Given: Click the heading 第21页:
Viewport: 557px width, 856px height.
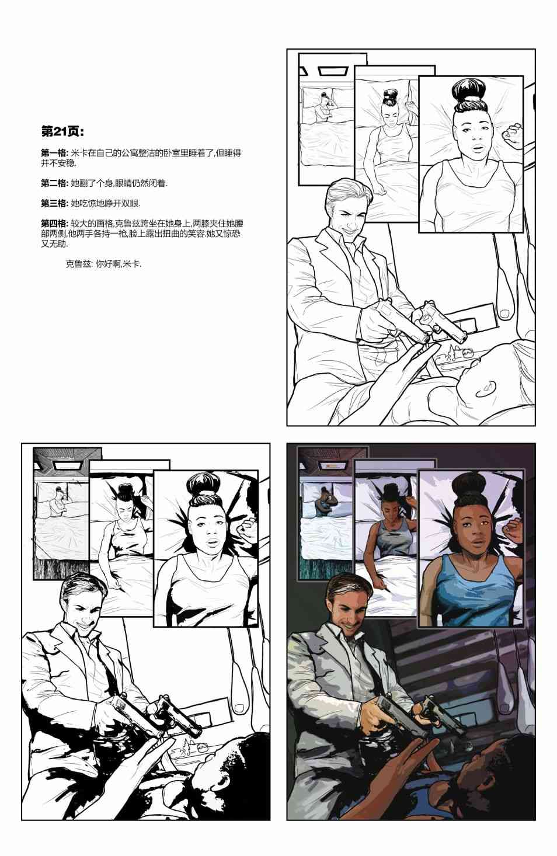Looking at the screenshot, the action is point(62,131).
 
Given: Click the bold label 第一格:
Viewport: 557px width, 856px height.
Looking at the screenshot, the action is point(55,153).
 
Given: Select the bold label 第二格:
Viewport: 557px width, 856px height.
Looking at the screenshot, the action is point(55,183).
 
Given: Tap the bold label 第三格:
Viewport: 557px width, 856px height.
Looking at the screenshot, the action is point(55,203).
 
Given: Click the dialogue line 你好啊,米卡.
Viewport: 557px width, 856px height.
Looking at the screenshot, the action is point(119,264).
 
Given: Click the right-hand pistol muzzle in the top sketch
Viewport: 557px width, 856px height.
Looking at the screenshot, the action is point(464,338).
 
